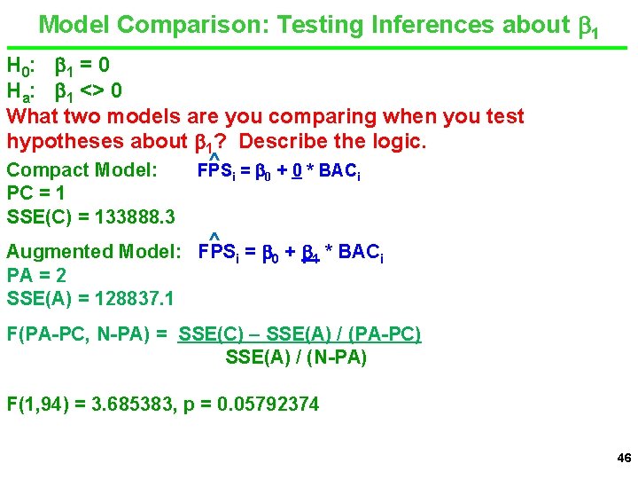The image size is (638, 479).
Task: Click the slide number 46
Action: click(x=623, y=459)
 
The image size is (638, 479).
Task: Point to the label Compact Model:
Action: click(x=82, y=169)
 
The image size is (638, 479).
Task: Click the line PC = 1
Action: click(x=35, y=193)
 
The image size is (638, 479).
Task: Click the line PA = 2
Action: click(x=35, y=276)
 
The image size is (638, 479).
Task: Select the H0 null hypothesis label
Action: click(x=20, y=66)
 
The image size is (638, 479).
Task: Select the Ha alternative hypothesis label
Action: click(x=20, y=90)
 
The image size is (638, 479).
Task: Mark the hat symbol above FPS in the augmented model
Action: click(x=214, y=236)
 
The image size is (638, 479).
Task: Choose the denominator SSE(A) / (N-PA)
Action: click(x=296, y=358)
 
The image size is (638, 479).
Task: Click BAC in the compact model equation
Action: click(x=336, y=169)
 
